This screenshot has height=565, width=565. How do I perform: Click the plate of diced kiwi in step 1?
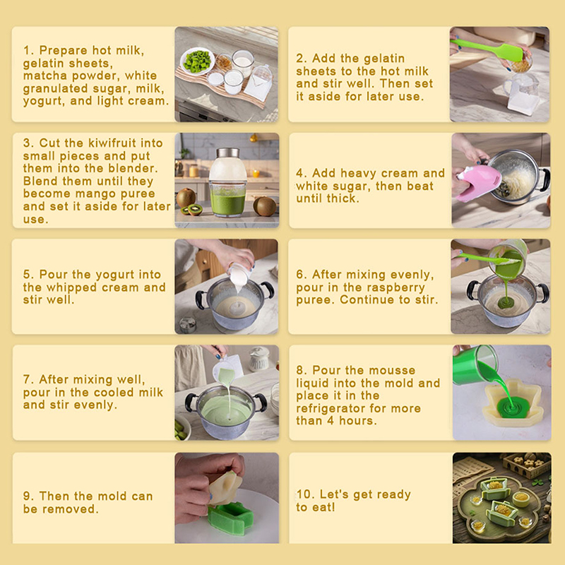pyautogui.click(x=198, y=61)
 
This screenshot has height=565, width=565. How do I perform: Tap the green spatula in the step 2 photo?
pyautogui.click(x=487, y=50)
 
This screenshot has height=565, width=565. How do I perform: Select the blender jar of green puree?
pyautogui.click(x=227, y=182)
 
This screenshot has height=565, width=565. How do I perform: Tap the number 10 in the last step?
pyautogui.click(x=305, y=494)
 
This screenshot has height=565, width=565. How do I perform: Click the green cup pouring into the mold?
pyautogui.click(x=475, y=364)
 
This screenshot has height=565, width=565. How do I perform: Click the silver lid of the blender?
pyautogui.click(x=227, y=153)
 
